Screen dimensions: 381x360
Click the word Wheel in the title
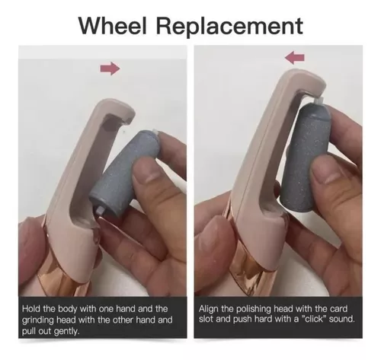pos(113,26)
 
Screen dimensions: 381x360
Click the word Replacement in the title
pos(229,27)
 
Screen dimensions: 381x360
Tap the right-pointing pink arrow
pos(110,68)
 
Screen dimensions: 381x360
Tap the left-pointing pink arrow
pos(294,58)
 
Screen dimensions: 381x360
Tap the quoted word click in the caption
pos(314,319)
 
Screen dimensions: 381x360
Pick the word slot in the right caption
pos(206,319)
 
